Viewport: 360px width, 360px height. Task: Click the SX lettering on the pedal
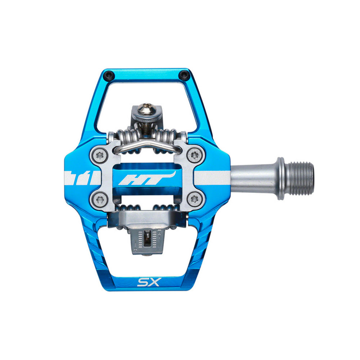(148, 282)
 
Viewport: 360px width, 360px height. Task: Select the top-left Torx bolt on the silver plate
(99, 156)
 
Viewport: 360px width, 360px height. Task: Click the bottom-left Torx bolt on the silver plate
(99, 200)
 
